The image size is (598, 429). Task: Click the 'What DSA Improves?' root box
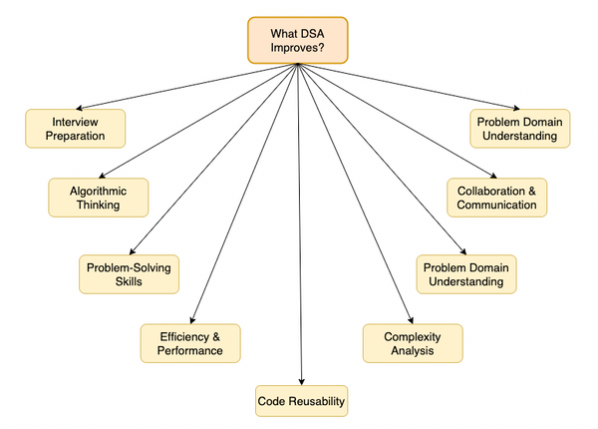(x=297, y=40)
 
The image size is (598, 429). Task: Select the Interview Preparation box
(x=75, y=129)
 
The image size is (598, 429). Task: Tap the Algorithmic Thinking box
(x=98, y=198)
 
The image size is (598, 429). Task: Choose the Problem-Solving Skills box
(x=129, y=274)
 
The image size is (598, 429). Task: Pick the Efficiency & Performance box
(x=190, y=343)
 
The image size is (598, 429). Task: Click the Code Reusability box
(x=301, y=401)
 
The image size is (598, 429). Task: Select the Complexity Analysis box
(x=413, y=343)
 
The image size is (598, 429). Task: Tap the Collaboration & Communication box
(x=497, y=198)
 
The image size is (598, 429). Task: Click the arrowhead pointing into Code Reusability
(x=301, y=382)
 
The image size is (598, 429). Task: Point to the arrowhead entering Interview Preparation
(x=79, y=109)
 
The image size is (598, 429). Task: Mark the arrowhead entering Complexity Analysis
(x=411, y=320)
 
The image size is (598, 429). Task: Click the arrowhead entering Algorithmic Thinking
(x=102, y=176)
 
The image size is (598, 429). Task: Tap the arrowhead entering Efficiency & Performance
(x=192, y=320)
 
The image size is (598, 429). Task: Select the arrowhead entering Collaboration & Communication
(x=493, y=176)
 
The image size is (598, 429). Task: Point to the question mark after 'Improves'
(x=321, y=48)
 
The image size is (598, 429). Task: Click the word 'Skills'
(x=129, y=281)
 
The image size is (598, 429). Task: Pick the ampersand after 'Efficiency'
(x=216, y=336)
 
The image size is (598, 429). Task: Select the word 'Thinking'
(x=99, y=205)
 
